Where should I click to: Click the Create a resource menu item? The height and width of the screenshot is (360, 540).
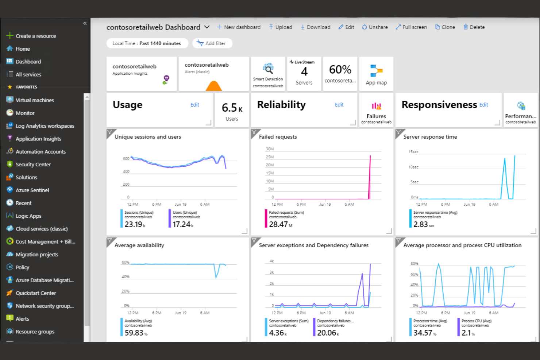pos(35,36)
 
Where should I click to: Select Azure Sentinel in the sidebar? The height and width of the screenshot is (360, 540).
pos(32,190)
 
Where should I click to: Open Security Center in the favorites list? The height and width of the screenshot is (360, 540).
pos(33,164)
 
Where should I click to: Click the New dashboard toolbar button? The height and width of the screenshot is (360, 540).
pos(239,27)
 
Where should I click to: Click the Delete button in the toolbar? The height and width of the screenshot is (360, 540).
pos(474,27)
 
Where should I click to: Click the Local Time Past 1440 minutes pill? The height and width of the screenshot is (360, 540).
pos(147,43)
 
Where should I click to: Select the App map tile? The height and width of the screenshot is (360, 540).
pos(376,74)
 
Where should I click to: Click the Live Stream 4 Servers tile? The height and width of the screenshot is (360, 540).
pos(304,73)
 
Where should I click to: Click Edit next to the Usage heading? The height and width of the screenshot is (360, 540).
pos(195,105)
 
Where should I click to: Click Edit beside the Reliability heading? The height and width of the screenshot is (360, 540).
pos(339,105)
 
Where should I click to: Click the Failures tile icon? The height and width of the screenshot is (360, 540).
pos(376,106)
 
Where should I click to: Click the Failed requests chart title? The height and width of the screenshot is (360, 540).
pos(278,137)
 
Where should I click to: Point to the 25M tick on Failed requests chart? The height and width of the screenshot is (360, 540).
pos(270,157)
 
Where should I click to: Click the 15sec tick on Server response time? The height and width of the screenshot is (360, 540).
pos(413,152)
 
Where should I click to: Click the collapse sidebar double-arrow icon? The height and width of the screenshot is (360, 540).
pos(85,23)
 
